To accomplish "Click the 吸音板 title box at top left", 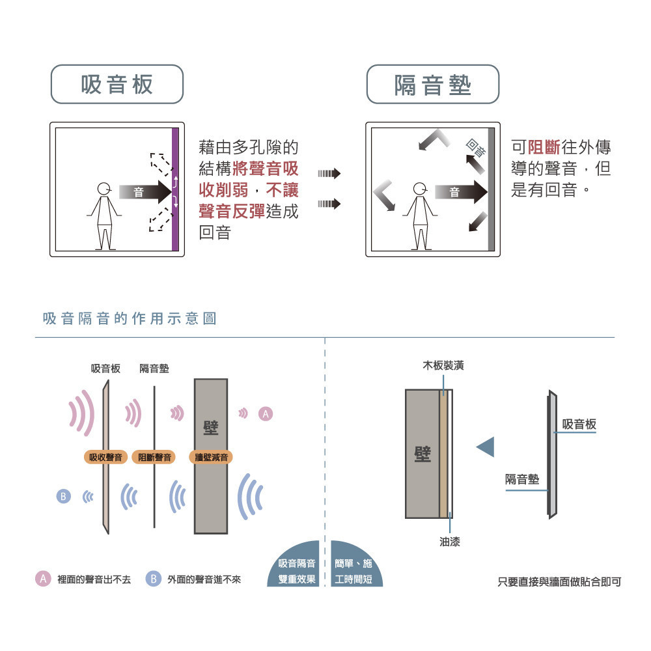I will [117, 84].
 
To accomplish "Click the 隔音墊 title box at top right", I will [433, 84].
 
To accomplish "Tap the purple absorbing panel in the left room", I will [174, 189].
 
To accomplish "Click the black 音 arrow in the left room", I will [145, 191].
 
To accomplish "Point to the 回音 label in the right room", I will [477, 149].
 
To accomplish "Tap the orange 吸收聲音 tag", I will [105, 457].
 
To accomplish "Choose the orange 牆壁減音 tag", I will [212, 457].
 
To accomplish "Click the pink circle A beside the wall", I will [265, 413].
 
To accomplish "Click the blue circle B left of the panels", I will [63, 497].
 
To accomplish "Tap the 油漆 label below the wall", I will [449, 541].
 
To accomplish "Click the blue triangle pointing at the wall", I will [486, 447].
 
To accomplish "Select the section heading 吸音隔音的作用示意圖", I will [129, 319].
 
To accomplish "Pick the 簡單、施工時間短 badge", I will [354, 571].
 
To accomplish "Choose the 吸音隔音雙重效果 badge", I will [296, 571].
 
